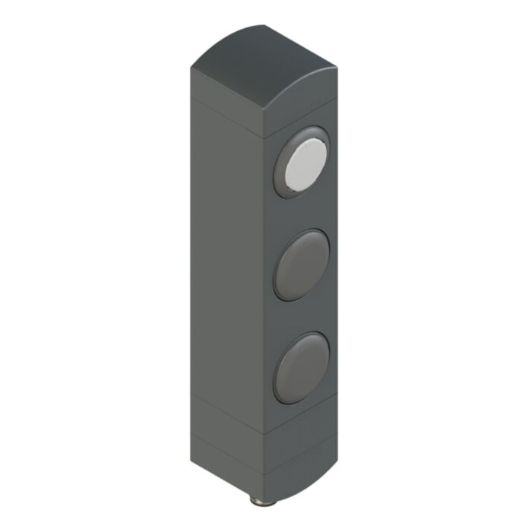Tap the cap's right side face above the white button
click(x=304, y=114)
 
